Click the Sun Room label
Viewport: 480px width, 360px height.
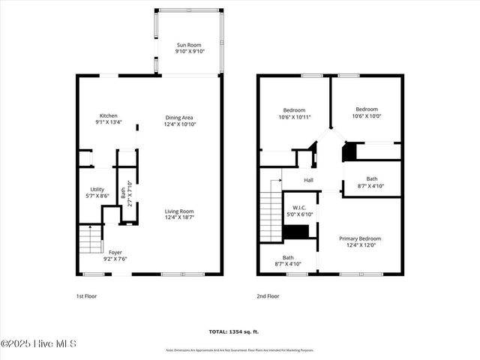pyautogui.click(x=189, y=44)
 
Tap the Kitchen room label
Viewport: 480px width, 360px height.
pyautogui.click(x=108, y=115)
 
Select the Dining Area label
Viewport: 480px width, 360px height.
pyautogui.click(x=179, y=117)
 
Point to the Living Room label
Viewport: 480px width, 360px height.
pyautogui.click(x=179, y=211)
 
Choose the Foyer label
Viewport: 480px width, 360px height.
pyautogui.click(x=115, y=252)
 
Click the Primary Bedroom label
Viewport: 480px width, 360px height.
pyautogui.click(x=358, y=238)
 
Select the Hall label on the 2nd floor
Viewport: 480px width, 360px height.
pyautogui.click(x=308, y=181)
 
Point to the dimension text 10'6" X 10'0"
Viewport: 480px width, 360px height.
pyautogui.click(x=367, y=115)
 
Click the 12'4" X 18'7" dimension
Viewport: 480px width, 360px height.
pyautogui.click(x=179, y=217)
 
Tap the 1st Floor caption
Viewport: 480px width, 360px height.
pyautogui.click(x=86, y=296)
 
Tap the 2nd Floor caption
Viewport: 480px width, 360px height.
pyautogui.click(x=268, y=296)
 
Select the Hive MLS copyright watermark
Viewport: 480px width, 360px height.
pyautogui.click(x=39, y=344)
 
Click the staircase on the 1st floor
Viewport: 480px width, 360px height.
pyautogui.click(x=89, y=241)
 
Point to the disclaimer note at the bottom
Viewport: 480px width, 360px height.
pyautogui.click(x=239, y=350)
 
